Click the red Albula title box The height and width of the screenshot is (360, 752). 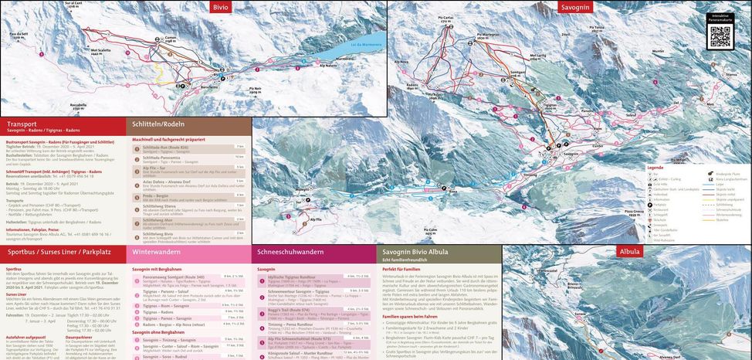point(629,252)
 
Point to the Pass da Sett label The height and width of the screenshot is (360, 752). point(19,34)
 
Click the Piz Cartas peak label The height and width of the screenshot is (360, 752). point(447,16)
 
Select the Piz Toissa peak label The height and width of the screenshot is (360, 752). point(596,28)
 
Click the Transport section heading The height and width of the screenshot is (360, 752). point(22,124)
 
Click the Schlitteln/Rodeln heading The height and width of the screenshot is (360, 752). point(158,124)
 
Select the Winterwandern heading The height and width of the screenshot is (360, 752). point(156,252)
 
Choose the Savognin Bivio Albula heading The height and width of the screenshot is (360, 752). point(415,252)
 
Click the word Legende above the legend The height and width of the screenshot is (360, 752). point(655,167)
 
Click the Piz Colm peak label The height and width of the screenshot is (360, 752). point(430,229)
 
